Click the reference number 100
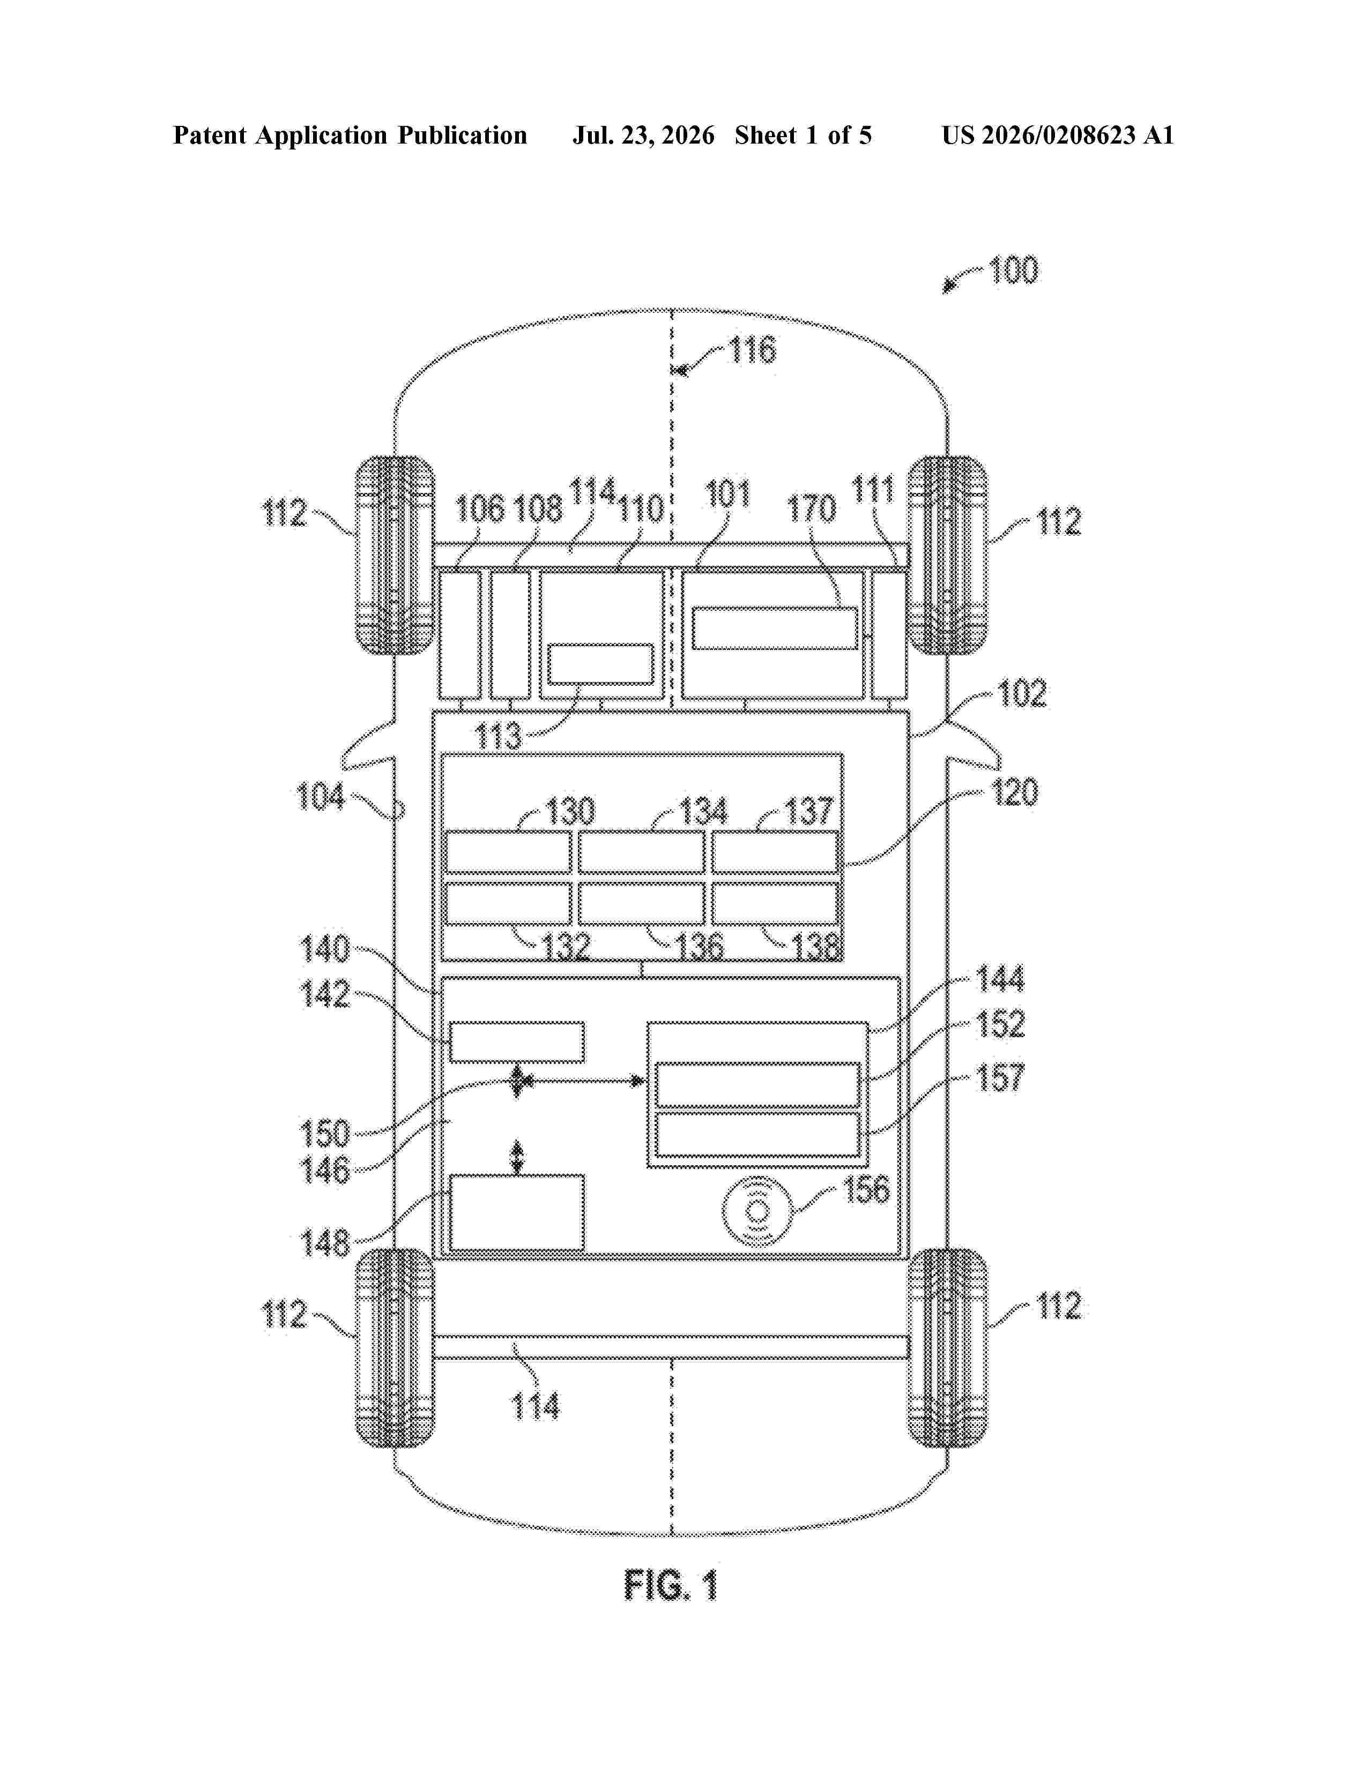[x=1013, y=271]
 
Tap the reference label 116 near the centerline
[x=752, y=350]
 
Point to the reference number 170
[x=812, y=509]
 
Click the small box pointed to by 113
[x=600, y=664]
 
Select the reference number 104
[x=321, y=797]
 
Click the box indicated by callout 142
[x=517, y=1042]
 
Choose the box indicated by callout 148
[x=517, y=1212]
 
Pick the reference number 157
[x=1001, y=1077]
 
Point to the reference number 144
[x=1001, y=979]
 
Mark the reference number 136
[x=700, y=946]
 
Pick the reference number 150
[x=325, y=1133]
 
